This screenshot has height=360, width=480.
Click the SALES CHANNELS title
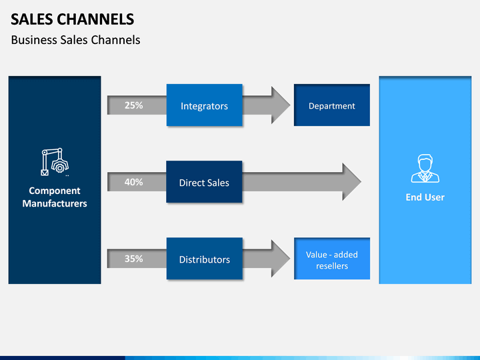point(73,19)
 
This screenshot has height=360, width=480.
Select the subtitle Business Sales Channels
point(75,40)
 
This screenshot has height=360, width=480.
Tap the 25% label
point(134,105)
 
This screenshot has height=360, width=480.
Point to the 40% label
point(134,182)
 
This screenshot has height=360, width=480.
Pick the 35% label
point(134,259)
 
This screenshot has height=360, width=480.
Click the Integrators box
point(205,105)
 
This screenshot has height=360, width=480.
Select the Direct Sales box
point(204,182)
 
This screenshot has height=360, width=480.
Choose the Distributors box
point(205,259)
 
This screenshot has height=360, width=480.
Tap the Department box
point(332,105)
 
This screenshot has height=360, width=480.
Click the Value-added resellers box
point(332,259)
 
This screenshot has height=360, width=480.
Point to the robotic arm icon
point(55,162)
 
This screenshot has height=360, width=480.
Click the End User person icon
point(425,169)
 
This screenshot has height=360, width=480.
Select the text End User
point(425,197)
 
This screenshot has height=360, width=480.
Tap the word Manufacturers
point(55,203)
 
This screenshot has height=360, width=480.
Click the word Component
point(55,191)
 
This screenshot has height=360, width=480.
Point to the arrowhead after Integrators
point(281,105)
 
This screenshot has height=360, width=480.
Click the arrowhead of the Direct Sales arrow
point(351,182)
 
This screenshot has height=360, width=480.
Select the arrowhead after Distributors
point(281,259)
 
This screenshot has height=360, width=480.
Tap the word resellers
point(332,266)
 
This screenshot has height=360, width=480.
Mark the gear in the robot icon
point(60,167)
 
